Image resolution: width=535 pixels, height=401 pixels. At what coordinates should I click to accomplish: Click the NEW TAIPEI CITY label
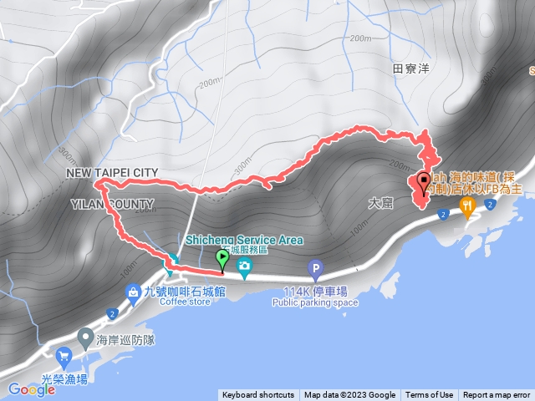click(x=112, y=172)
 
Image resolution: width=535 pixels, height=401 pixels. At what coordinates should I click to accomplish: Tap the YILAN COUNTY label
click(x=112, y=204)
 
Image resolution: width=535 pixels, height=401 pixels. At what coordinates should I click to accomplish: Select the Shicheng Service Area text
click(x=243, y=240)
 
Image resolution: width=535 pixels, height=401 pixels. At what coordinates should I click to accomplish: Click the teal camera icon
click(x=244, y=269)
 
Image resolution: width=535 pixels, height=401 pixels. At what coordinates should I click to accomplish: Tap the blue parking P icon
click(x=315, y=270)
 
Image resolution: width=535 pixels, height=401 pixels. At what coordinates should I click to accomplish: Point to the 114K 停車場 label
click(x=315, y=291)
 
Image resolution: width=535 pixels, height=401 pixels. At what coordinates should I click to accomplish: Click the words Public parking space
click(x=315, y=302)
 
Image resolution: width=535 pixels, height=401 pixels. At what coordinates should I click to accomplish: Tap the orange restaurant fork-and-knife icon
click(x=466, y=206)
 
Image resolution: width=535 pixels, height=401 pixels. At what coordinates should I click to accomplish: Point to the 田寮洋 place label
click(x=410, y=69)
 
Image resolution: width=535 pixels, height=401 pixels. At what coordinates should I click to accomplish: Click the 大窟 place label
click(x=380, y=203)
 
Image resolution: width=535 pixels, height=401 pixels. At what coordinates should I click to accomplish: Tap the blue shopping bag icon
click(x=133, y=292)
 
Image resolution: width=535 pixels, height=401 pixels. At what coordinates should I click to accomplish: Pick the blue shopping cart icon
click(x=64, y=358)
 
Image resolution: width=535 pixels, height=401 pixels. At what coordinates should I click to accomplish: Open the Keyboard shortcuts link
click(x=258, y=395)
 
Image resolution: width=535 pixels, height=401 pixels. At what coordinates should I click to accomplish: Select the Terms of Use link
click(x=430, y=395)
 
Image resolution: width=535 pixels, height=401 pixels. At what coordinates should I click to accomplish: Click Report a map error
click(x=497, y=395)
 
